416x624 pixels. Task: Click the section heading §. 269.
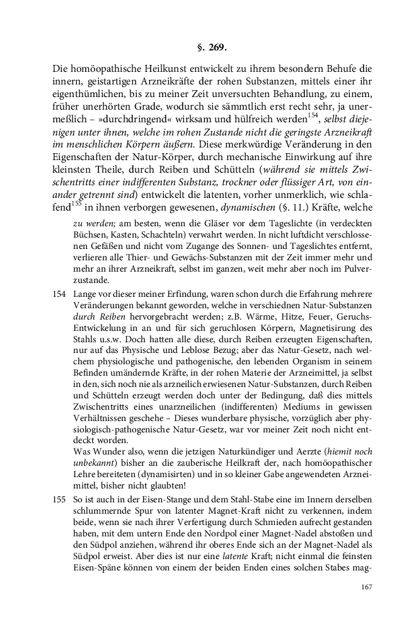[208, 47]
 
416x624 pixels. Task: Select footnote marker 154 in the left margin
[60, 295]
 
